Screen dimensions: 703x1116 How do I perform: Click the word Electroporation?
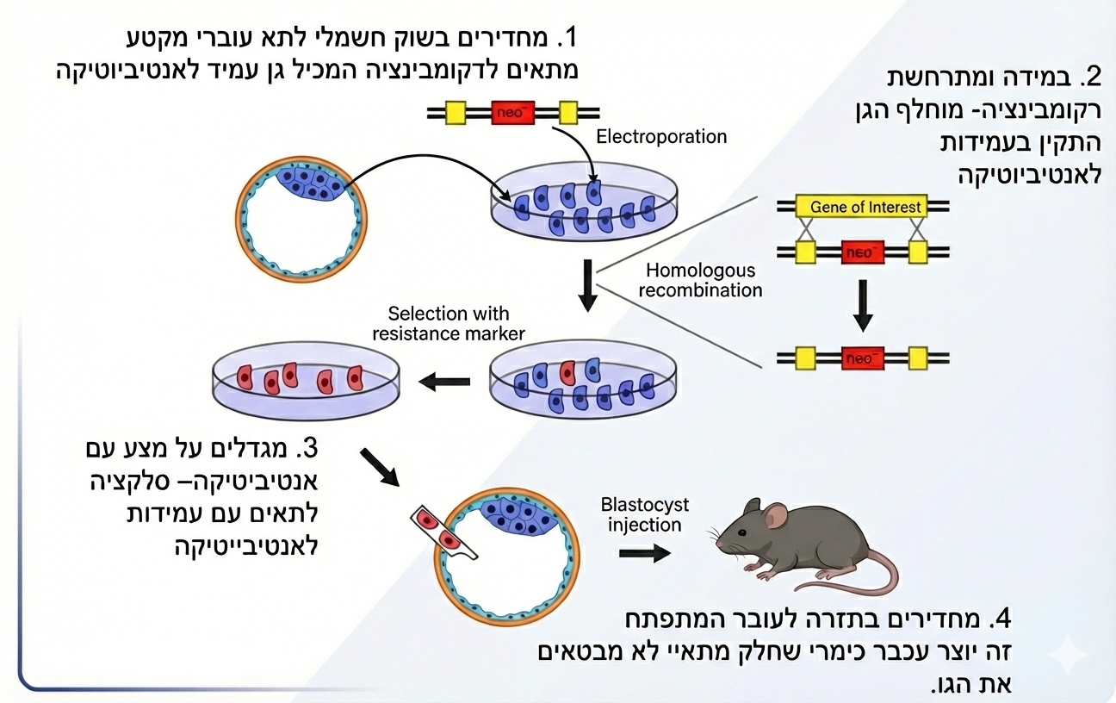[661, 137]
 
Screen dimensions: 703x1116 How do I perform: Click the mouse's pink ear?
[776, 516]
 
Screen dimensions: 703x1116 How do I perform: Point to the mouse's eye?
[743, 532]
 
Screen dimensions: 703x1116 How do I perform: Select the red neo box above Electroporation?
[512, 113]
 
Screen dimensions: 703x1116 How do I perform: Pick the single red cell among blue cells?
[567, 372]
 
